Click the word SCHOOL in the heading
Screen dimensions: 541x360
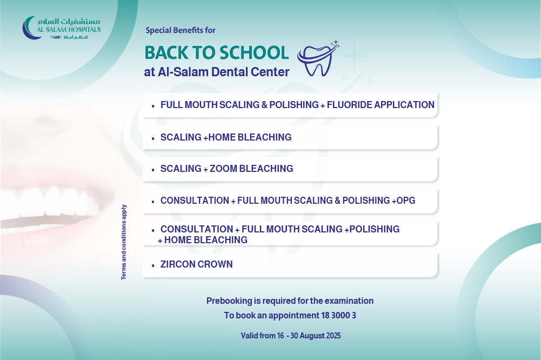pyautogui.click(x=254, y=53)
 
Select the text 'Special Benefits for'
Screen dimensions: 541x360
pyautogui.click(x=181, y=30)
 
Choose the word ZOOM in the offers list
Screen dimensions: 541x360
pyautogui.click(x=223, y=169)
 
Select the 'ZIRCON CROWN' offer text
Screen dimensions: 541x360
pyautogui.click(x=196, y=264)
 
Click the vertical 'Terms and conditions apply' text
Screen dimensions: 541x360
pyautogui.click(x=124, y=242)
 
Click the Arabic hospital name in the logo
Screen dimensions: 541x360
pyautogui.click(x=69, y=22)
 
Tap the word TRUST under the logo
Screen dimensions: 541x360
pyautogui.click(x=56, y=37)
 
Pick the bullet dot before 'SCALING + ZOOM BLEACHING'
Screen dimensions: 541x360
pyautogui.click(x=153, y=170)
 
